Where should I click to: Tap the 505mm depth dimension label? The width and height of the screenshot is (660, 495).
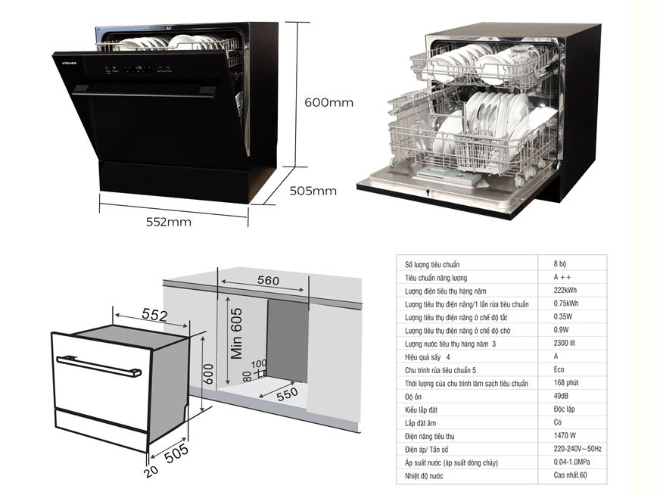(313, 191)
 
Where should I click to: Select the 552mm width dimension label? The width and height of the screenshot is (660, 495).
(168, 222)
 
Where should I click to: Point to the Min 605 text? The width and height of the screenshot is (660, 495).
(237, 332)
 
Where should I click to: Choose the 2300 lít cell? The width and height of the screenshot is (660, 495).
(565, 344)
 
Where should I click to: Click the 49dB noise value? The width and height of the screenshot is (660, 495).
(562, 396)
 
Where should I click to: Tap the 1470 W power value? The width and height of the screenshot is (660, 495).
(565, 435)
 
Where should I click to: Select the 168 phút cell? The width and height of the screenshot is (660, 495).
(566, 383)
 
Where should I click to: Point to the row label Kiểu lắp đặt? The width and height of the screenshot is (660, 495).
(422, 409)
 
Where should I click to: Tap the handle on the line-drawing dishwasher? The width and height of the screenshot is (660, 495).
(98, 366)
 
